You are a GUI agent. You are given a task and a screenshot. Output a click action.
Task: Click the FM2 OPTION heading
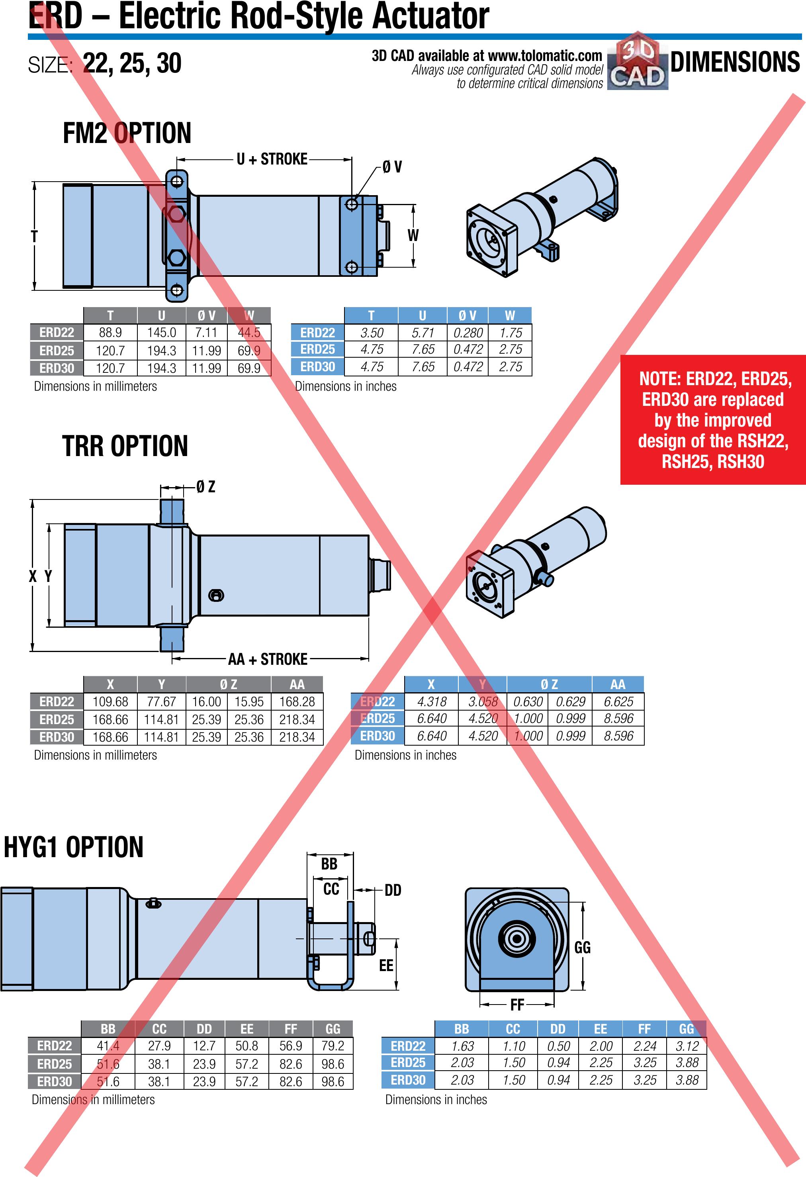pos(127,133)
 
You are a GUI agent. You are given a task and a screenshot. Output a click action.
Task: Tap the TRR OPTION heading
pos(125,446)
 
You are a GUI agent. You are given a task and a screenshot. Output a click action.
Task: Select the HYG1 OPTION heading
pos(73,847)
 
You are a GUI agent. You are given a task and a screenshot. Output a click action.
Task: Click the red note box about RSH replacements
pos(713,419)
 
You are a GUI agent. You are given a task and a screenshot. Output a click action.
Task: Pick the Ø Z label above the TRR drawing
pos(205,487)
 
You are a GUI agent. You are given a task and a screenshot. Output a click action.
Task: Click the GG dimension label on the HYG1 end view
pos(582,947)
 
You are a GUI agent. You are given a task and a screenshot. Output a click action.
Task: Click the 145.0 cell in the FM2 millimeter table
pos(162,332)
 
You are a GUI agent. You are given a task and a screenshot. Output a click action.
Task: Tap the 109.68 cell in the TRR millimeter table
pos(110,701)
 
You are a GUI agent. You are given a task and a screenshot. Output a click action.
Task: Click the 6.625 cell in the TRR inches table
pos(618,701)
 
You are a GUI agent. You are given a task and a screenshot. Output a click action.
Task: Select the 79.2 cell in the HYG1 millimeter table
pos(333,1046)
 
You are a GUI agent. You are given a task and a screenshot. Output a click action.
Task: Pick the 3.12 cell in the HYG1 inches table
pos(687,1046)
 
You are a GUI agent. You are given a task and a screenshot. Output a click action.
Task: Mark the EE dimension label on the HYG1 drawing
pos(386,965)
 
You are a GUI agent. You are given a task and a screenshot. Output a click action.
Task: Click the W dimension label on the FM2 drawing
pos(413,235)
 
